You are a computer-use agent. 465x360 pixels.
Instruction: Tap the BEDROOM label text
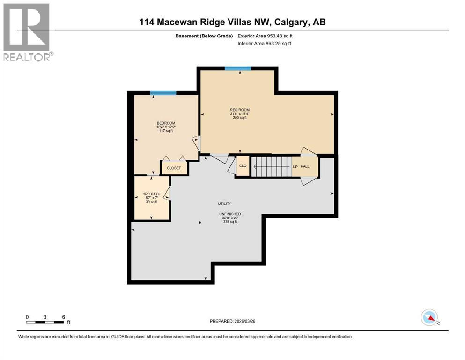(166, 123)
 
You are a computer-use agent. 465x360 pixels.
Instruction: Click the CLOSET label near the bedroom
(174, 168)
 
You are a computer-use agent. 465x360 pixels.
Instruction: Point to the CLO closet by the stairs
(243, 166)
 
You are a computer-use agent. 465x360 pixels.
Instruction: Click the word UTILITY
(225, 204)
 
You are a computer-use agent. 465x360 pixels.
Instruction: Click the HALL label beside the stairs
(305, 166)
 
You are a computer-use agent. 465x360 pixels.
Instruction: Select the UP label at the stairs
(295, 166)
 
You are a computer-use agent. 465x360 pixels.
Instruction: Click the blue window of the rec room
(238, 68)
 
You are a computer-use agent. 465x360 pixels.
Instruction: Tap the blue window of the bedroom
(163, 93)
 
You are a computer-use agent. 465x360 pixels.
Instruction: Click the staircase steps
(272, 166)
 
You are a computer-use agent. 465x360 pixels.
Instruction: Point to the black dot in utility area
(199, 222)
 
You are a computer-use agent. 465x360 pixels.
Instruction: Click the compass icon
(429, 317)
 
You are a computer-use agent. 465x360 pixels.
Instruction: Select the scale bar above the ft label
(45, 322)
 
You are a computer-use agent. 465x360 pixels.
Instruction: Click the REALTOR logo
(27, 32)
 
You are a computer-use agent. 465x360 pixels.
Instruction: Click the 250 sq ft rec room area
(240, 118)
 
